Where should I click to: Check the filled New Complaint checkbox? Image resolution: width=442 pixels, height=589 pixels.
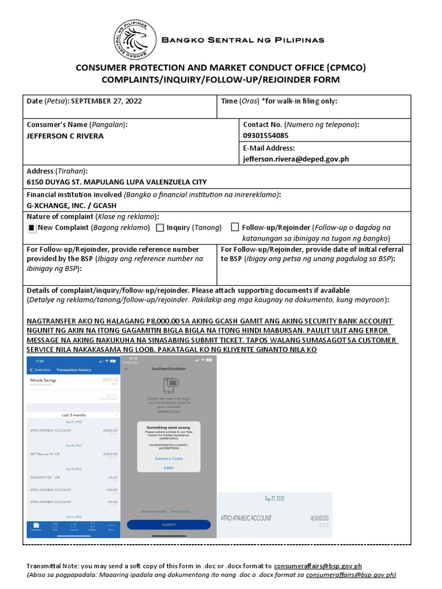click(x=32, y=228)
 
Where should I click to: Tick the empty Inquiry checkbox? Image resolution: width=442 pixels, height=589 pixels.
click(x=160, y=228)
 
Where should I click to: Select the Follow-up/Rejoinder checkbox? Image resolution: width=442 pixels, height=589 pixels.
click(x=235, y=227)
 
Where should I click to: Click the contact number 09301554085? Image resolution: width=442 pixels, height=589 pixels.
click(x=266, y=136)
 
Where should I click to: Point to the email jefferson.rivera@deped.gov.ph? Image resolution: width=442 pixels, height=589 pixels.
click(x=296, y=159)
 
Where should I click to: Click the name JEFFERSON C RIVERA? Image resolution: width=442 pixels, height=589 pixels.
click(x=66, y=136)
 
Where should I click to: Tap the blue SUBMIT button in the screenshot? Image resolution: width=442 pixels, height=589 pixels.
click(x=169, y=525)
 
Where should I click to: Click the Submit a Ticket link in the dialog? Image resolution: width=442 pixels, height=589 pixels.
click(x=169, y=458)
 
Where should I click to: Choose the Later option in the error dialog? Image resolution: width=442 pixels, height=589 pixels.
click(x=169, y=468)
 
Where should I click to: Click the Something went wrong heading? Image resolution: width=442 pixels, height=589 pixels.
click(x=169, y=427)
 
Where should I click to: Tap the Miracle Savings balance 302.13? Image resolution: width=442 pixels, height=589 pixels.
click(x=109, y=380)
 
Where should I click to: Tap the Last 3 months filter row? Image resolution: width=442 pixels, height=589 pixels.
click(x=74, y=414)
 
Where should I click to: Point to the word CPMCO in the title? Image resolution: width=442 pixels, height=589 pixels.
click(x=344, y=68)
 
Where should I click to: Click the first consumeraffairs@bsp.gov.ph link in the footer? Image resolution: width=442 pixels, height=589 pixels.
click(x=318, y=566)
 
